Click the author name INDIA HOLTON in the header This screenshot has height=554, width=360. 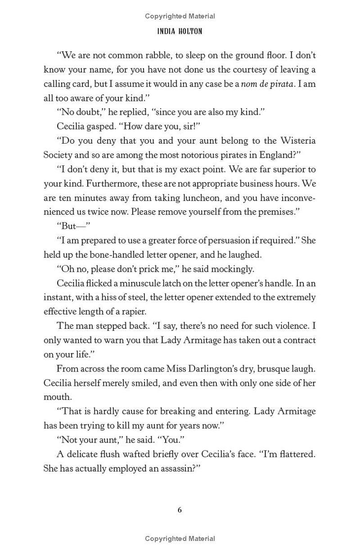[x=180, y=32]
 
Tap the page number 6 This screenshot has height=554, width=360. [x=180, y=510]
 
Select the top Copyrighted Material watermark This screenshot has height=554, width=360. [x=180, y=16]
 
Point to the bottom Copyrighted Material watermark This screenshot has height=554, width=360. [x=180, y=538]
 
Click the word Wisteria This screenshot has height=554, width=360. [x=294, y=141]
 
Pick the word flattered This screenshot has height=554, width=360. [x=297, y=454]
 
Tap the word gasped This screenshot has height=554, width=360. [x=100, y=127]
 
